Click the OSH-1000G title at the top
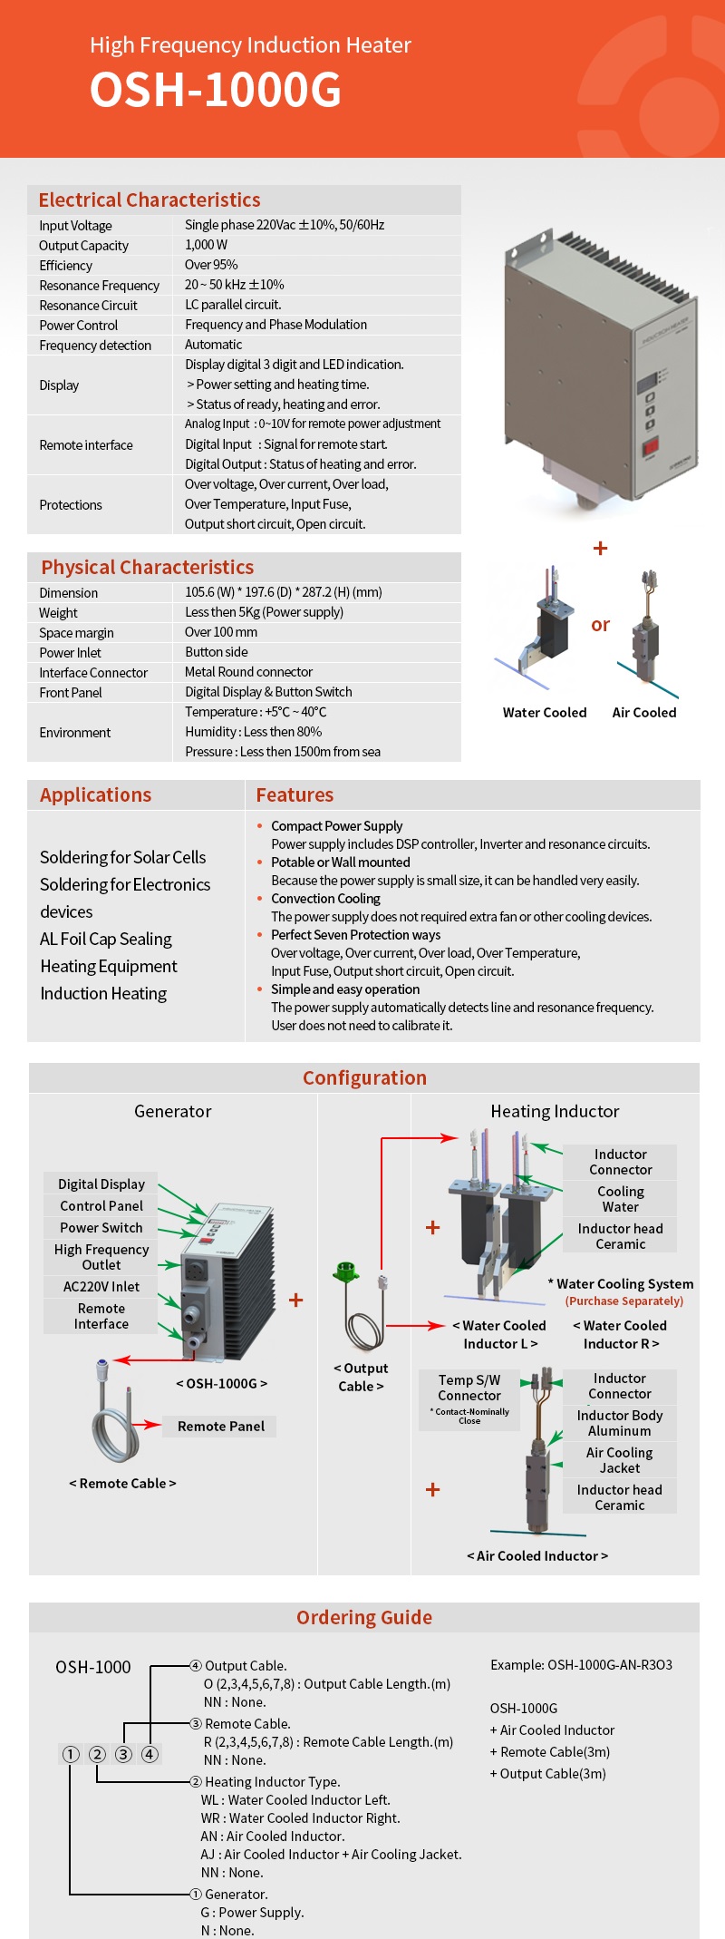click(x=216, y=90)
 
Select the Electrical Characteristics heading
click(x=150, y=200)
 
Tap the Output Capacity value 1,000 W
click(x=206, y=245)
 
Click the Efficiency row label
click(x=65, y=266)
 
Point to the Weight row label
click(x=59, y=613)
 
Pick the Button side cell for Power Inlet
click(x=216, y=652)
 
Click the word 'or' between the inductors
click(x=600, y=625)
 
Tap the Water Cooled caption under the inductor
click(x=545, y=713)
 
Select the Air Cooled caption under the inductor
click(x=644, y=713)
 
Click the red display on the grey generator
click(x=651, y=447)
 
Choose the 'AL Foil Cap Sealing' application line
click(x=106, y=939)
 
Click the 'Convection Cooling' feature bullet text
click(x=325, y=899)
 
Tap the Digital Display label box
click(x=101, y=1184)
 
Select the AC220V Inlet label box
click(x=101, y=1287)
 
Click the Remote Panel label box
click(x=221, y=1427)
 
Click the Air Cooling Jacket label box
click(x=620, y=1460)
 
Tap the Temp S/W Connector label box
click(x=469, y=1399)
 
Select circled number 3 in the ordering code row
click(x=124, y=1754)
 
